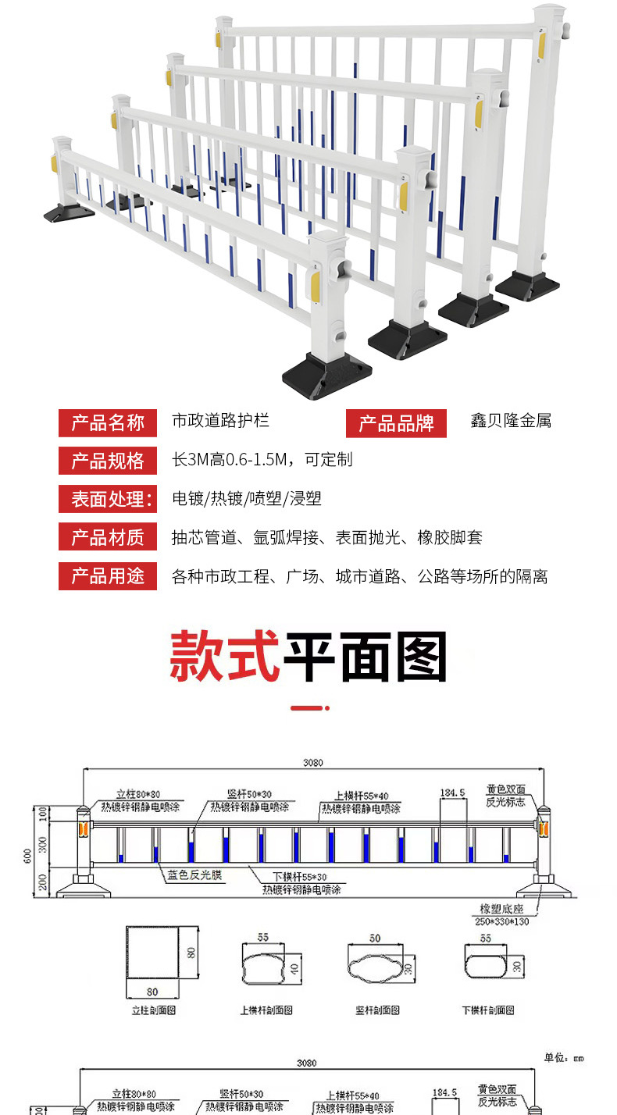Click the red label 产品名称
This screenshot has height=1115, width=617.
coord(108,422)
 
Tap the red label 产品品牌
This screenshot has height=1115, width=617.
coord(396,423)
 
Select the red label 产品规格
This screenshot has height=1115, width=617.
coord(108,461)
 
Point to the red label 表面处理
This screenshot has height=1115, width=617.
coord(108,499)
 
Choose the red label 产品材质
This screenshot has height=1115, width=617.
coord(108,537)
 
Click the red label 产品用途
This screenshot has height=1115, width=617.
coord(108,576)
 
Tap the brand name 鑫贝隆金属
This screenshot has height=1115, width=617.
coord(510,421)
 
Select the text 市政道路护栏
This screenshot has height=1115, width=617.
coord(220,421)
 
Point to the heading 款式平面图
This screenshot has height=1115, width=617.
coord(308,658)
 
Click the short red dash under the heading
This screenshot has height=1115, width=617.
coord(309,708)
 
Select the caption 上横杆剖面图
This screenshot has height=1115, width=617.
coord(266,1010)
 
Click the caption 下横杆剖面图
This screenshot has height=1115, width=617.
coord(488,1010)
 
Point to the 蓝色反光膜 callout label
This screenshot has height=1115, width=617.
coord(195,875)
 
